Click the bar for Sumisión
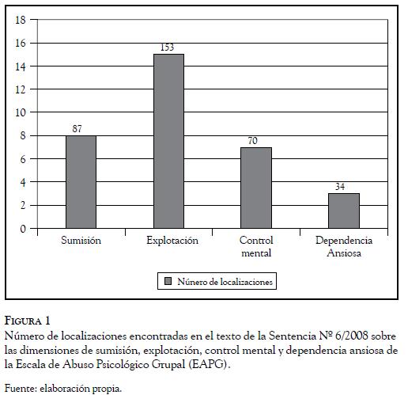click(x=81, y=182)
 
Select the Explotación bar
click(x=168, y=141)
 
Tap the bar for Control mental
click(x=256, y=188)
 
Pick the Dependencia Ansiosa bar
click(x=344, y=211)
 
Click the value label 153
click(x=168, y=47)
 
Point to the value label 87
click(x=77, y=129)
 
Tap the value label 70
click(x=252, y=141)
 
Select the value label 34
click(x=340, y=187)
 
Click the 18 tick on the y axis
click(x=21, y=20)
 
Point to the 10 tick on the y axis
click(x=21, y=112)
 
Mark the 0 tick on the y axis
click(x=23, y=229)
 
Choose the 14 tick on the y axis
click(x=21, y=66)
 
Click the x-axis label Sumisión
click(x=81, y=241)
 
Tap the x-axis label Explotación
click(x=172, y=241)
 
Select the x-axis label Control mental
click(x=256, y=247)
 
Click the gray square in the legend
click(x=168, y=281)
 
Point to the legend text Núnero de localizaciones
click(x=225, y=282)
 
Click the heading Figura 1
click(x=27, y=321)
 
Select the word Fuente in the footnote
click(x=21, y=389)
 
